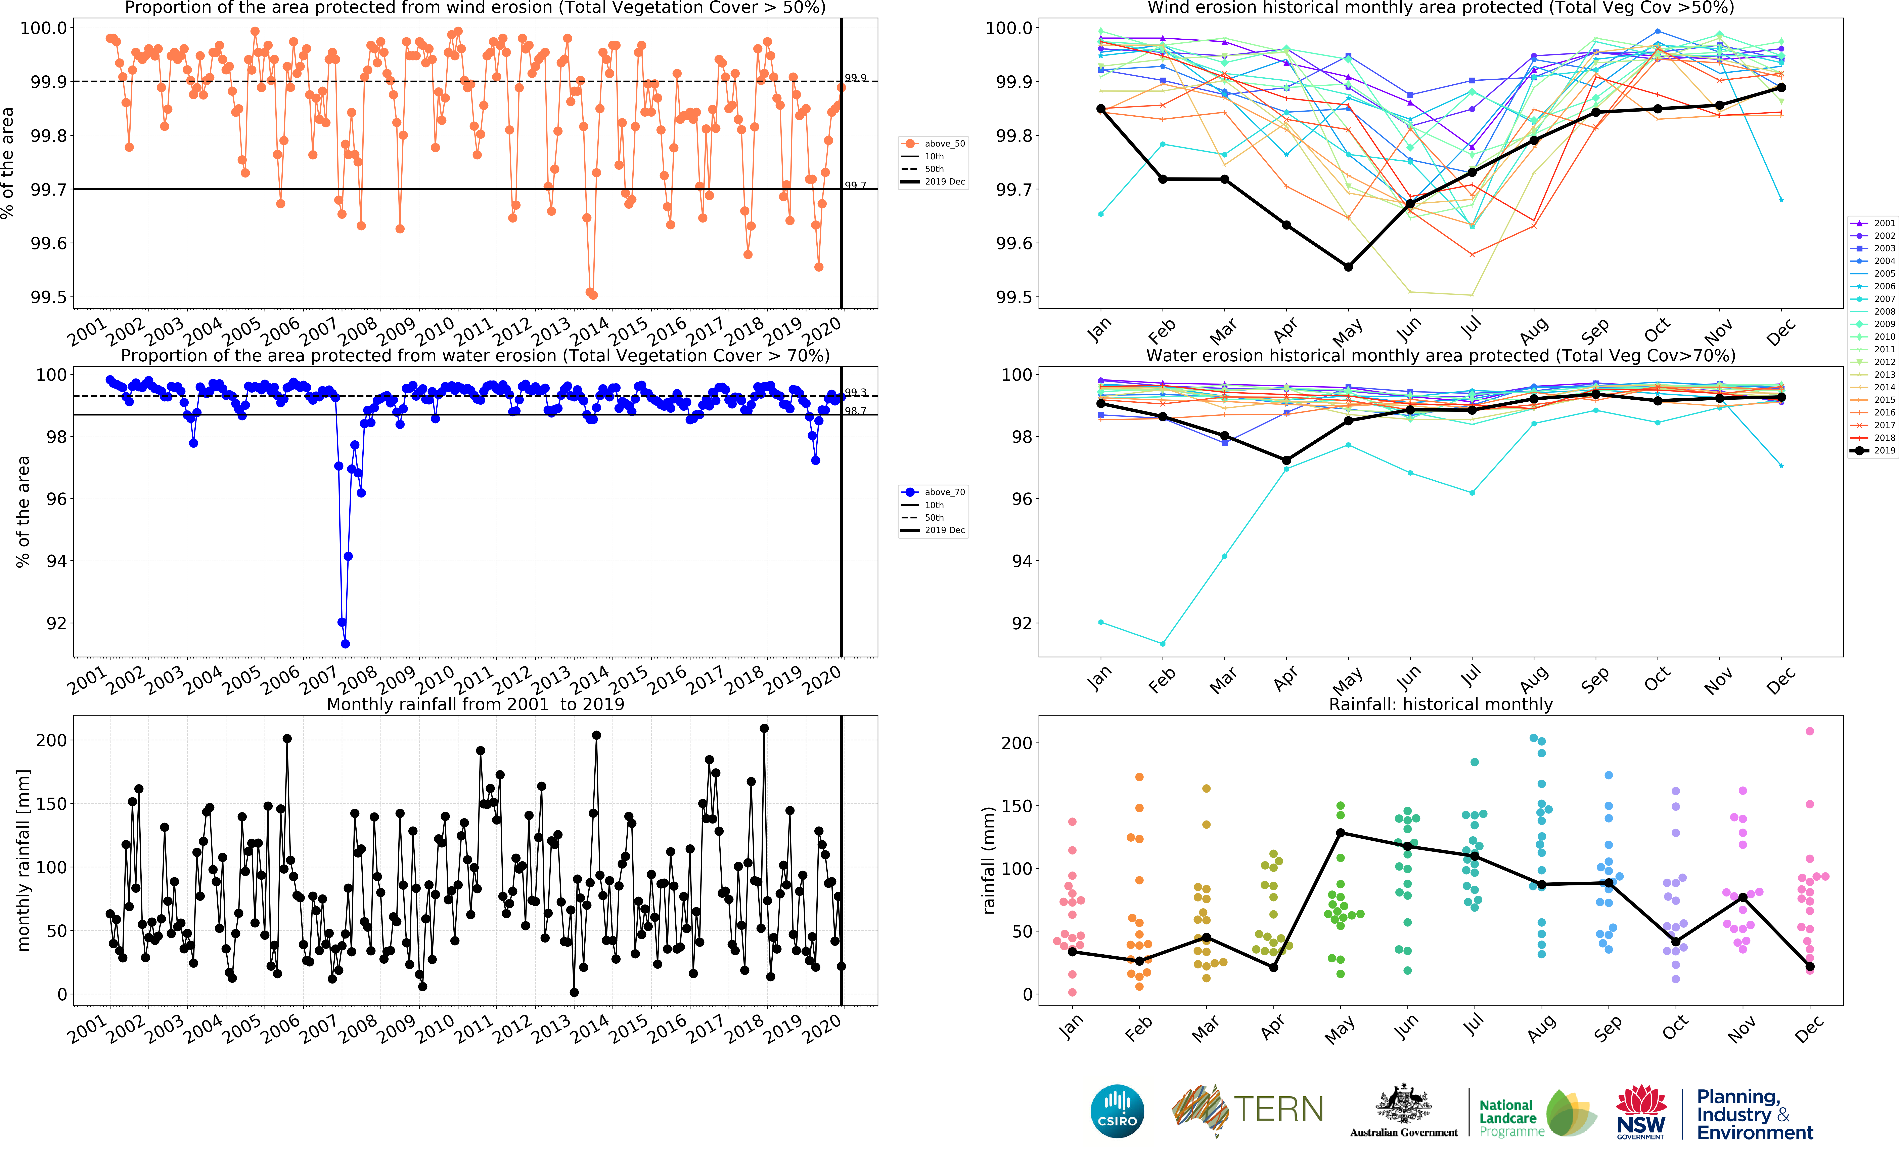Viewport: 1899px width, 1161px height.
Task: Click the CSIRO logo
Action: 1117,1112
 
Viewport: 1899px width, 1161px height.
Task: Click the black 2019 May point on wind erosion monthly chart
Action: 1348,267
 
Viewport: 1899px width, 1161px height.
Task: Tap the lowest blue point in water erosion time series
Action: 345,644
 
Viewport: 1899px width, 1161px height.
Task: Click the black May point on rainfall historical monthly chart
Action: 1340,833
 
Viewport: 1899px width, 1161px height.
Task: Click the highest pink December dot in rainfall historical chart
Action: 1810,731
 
